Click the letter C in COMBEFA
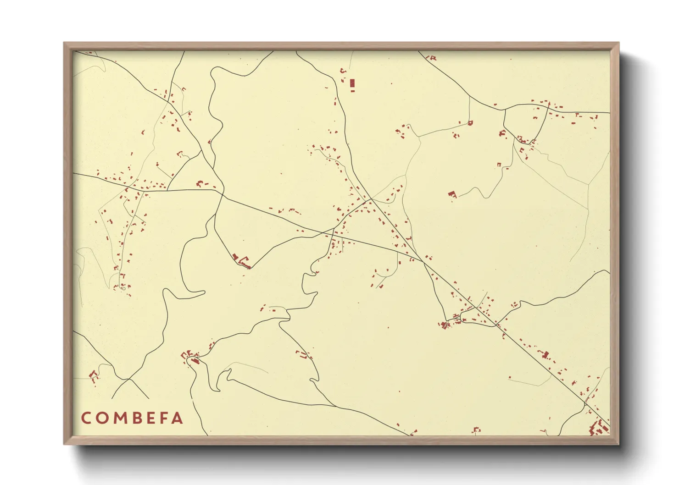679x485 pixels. tap(86, 418)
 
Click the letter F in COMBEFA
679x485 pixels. tap(163, 418)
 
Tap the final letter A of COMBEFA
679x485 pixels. tap(178, 418)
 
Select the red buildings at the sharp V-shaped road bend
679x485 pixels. tap(241, 261)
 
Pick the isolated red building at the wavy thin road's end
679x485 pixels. tap(453, 194)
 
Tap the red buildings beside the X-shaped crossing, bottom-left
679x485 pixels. tap(94, 375)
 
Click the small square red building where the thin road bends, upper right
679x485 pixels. tap(470, 122)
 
